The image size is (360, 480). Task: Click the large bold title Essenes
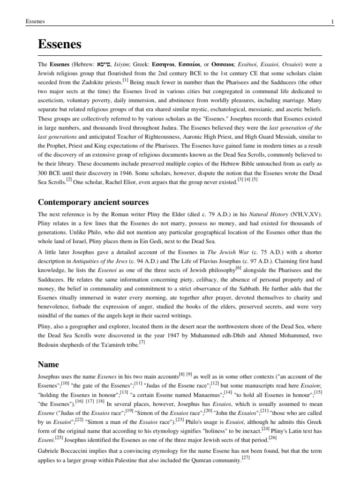pyautogui.click(x=60, y=45)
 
